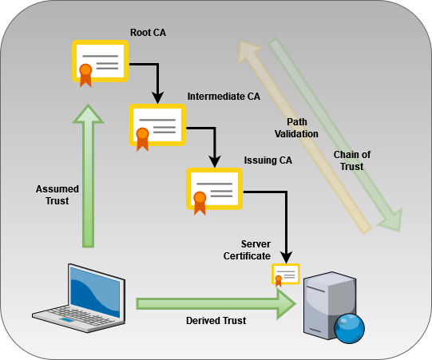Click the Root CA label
click(148, 33)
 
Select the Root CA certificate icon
click(100, 63)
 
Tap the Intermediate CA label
click(224, 97)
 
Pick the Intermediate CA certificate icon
click(157, 127)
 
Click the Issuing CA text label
click(268, 160)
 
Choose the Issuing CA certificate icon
click(214, 191)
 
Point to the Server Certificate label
click(247, 250)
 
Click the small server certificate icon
click(286, 275)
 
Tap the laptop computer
click(79, 299)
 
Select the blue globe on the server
click(349, 329)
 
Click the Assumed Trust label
click(57, 195)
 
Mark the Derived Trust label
click(216, 321)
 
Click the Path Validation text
click(296, 128)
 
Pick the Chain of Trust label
click(352, 160)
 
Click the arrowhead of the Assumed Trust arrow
click(88, 113)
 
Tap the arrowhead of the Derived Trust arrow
click(287, 304)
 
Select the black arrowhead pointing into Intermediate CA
click(157, 98)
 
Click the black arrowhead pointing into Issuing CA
click(215, 162)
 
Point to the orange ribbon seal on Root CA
click(85, 76)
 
